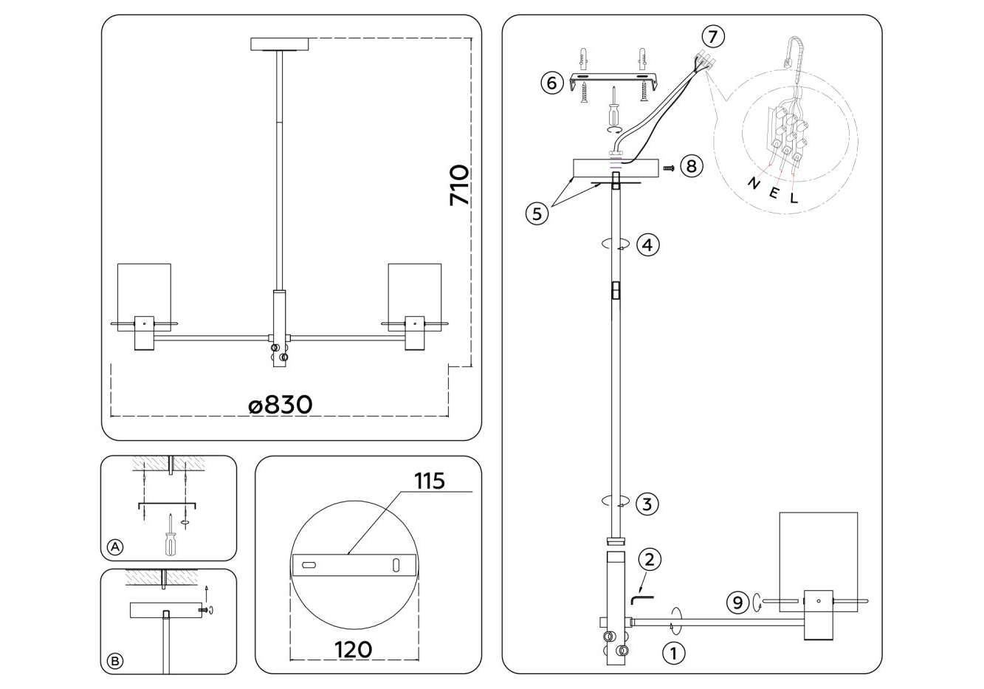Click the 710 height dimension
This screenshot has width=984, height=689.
click(459, 185)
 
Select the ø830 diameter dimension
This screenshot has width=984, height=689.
click(281, 405)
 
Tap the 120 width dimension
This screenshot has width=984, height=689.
click(353, 649)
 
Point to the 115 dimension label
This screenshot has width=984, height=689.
click(430, 481)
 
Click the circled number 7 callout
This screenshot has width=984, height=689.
click(713, 36)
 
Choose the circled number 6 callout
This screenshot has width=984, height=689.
click(552, 83)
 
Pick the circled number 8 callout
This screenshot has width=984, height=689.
click(692, 167)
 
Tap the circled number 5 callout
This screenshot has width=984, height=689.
click(537, 214)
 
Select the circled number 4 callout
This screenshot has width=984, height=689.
click(648, 245)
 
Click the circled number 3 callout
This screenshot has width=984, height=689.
click(647, 504)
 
